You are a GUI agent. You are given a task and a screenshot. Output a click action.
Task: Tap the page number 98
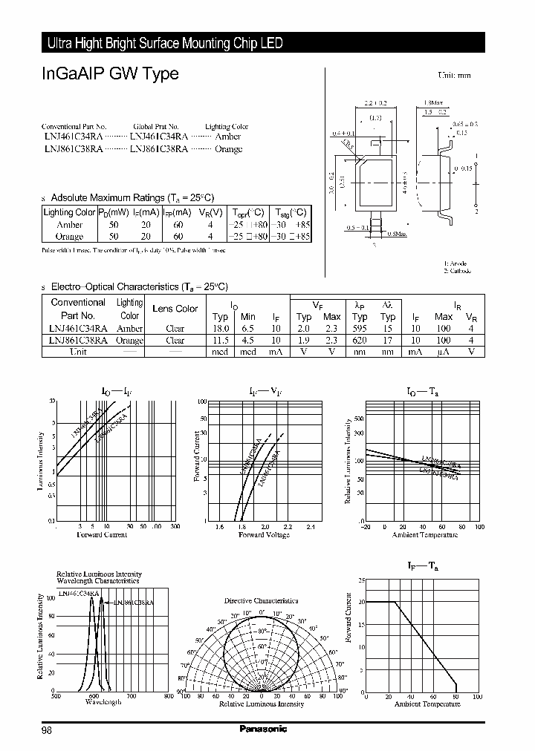coord(47,730)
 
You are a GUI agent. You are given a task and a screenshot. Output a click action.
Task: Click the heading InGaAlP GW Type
coord(110,75)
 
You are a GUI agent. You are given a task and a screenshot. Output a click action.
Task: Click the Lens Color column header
coord(175,309)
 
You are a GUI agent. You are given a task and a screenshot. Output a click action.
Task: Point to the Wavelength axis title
coord(103,702)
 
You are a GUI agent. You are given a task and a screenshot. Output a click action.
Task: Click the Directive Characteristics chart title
coord(261,600)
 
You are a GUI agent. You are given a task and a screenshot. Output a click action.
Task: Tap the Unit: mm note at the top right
coord(454,76)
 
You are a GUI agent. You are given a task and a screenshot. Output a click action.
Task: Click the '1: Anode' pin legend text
coord(457,263)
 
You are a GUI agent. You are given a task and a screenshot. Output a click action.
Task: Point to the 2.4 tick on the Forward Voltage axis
coord(310,527)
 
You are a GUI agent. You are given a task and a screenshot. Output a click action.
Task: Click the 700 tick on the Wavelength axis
coord(132,695)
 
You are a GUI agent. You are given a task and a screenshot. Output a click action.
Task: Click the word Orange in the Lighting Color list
coord(228,149)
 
